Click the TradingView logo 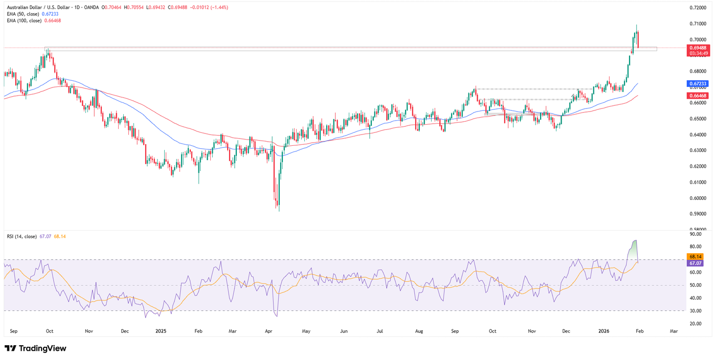(x=35, y=348)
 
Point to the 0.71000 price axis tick (x=698, y=24)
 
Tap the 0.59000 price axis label (x=698, y=214)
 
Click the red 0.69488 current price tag (x=699, y=48)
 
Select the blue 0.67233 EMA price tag (x=698, y=83)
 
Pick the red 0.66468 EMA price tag (x=698, y=95)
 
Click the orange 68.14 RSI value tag (x=695, y=257)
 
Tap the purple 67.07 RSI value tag (x=695, y=263)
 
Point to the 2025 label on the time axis (x=161, y=331)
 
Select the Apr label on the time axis (x=268, y=331)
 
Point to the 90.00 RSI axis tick (x=695, y=234)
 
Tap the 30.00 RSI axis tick (x=695, y=310)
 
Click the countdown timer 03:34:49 (x=699, y=53)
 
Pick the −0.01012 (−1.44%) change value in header (x=209, y=7)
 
